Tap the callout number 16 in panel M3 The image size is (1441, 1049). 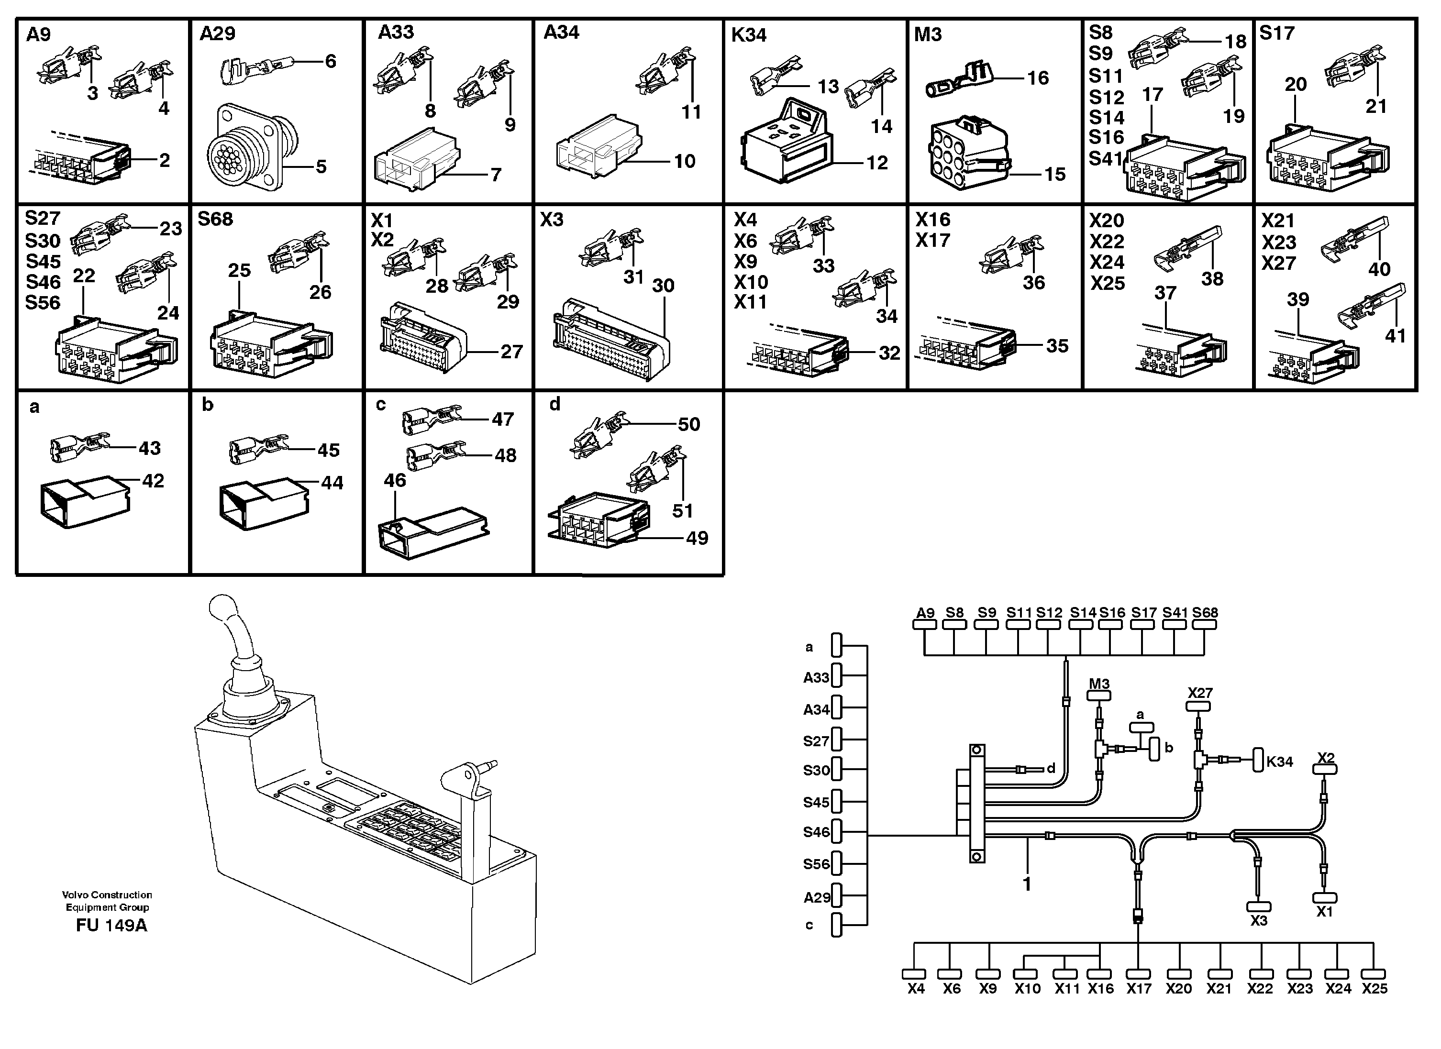1038,78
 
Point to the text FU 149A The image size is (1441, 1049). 111,926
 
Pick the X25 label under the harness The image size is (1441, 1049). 1375,989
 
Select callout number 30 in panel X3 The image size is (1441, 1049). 663,286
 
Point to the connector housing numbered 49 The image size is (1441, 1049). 597,520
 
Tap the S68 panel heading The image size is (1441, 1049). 215,219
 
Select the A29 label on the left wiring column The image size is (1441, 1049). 817,898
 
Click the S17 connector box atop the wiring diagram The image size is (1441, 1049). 1142,625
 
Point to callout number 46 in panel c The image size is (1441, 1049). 395,480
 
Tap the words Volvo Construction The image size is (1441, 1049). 107,894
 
